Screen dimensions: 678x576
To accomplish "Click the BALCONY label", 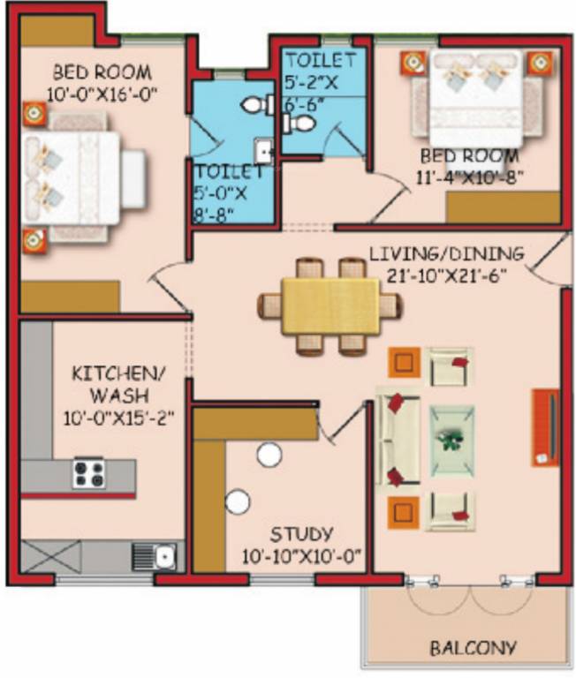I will pyautogui.click(x=473, y=647).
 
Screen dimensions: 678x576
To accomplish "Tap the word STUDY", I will pyautogui.click(x=302, y=533).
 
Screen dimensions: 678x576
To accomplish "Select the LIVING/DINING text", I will pyautogui.click(x=446, y=253).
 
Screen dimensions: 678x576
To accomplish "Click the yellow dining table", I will pyautogui.click(x=330, y=306).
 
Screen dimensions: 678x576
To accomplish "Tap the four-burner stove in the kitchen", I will pyautogui.click(x=89, y=473).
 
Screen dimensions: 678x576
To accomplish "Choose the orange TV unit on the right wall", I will pyautogui.click(x=545, y=426).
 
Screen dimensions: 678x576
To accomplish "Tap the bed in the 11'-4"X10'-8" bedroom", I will pyautogui.click(x=474, y=95).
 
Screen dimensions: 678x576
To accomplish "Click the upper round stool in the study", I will pyautogui.click(x=269, y=456).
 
